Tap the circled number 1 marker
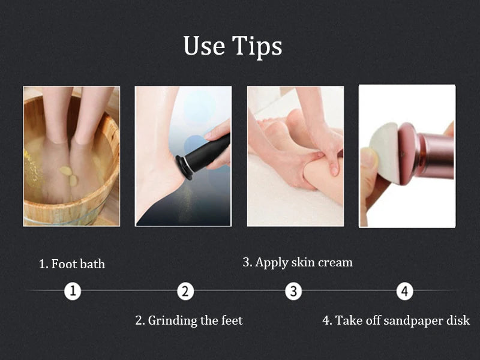73,292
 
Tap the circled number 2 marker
185,292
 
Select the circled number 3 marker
293,292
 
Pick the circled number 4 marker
405,292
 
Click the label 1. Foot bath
72,264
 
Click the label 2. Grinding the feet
189,320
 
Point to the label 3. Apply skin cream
298,262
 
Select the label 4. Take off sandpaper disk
396,320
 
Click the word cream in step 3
335,262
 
